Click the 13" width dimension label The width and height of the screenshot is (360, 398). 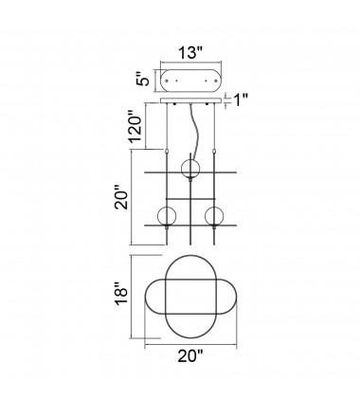coord(190,53)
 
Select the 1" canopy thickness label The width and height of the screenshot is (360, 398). coord(241,100)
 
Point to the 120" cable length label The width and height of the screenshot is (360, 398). coord(136,129)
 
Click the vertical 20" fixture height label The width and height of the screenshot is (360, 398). coord(121,199)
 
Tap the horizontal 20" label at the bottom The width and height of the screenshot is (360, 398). coord(190,356)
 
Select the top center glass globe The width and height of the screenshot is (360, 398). coord(190,168)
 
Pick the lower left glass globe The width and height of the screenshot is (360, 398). coord(166,216)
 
